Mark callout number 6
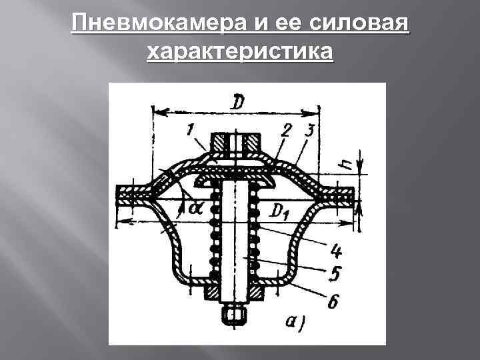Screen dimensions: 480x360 [x=333, y=301]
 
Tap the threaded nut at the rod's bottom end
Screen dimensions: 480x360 [x=236, y=313]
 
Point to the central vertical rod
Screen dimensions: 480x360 [x=236, y=240]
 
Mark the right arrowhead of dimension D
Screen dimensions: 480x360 [x=317, y=111]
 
